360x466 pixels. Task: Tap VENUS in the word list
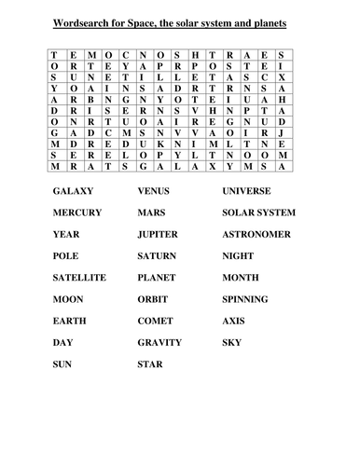(153, 190)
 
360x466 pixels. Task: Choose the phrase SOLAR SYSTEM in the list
(258, 212)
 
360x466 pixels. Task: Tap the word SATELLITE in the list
(79, 278)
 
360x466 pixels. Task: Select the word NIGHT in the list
(238, 255)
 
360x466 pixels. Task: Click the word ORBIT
(152, 299)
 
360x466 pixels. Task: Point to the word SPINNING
(245, 299)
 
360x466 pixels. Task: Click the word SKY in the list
(231, 343)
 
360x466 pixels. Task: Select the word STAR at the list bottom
(149, 364)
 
